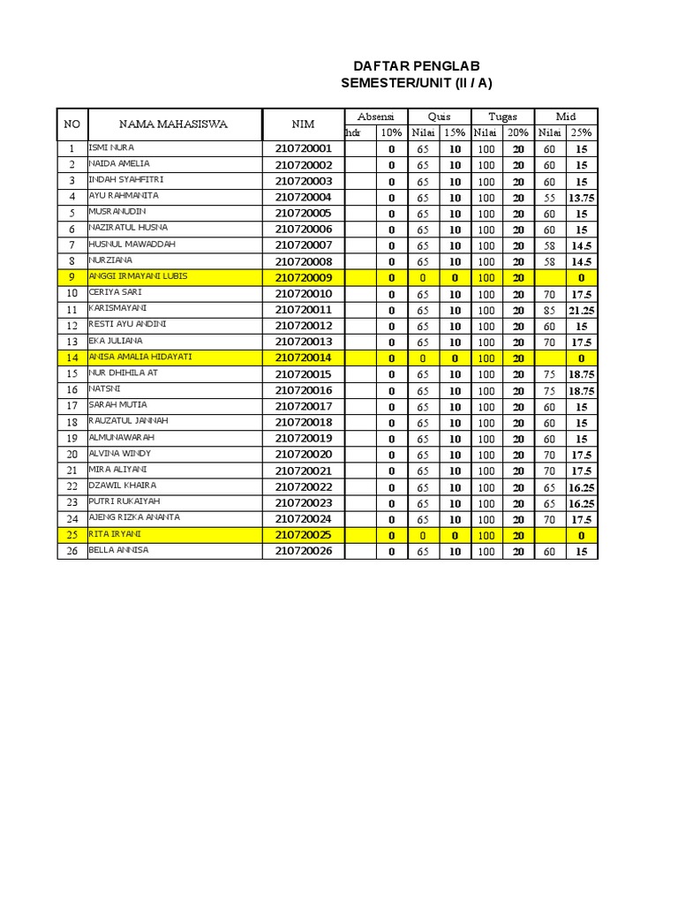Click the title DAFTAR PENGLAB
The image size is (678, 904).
[417, 66]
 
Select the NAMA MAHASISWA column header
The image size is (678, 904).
[173, 124]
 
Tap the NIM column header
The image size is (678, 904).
[303, 124]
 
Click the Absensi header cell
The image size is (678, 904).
[375, 117]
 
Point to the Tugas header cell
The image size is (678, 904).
[502, 117]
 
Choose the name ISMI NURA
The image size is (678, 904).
[111, 147]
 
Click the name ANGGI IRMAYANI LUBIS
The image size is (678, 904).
[138, 276]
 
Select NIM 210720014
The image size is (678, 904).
[303, 358]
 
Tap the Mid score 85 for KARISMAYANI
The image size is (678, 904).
[549, 310]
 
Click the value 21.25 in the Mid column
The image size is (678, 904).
[581, 310]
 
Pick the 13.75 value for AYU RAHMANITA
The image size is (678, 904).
[581, 198]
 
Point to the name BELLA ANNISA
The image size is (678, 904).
[118, 550]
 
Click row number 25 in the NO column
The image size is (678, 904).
[72, 535]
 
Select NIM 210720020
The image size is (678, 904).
[303, 454]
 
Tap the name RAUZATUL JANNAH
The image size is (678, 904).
[128, 421]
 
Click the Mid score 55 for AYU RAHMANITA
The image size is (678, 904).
[549, 198]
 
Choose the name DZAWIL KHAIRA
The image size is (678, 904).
[123, 486]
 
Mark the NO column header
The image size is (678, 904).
[72, 124]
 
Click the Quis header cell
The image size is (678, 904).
[439, 117]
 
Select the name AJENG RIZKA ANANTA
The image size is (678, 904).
[134, 517]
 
